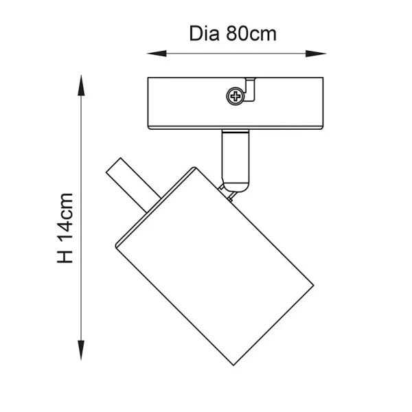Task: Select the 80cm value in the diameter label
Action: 251,34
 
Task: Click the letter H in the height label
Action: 65,255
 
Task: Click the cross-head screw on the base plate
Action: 236,97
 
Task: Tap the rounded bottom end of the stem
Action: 235,183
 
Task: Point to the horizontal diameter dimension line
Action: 237,53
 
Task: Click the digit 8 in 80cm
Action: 232,34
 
